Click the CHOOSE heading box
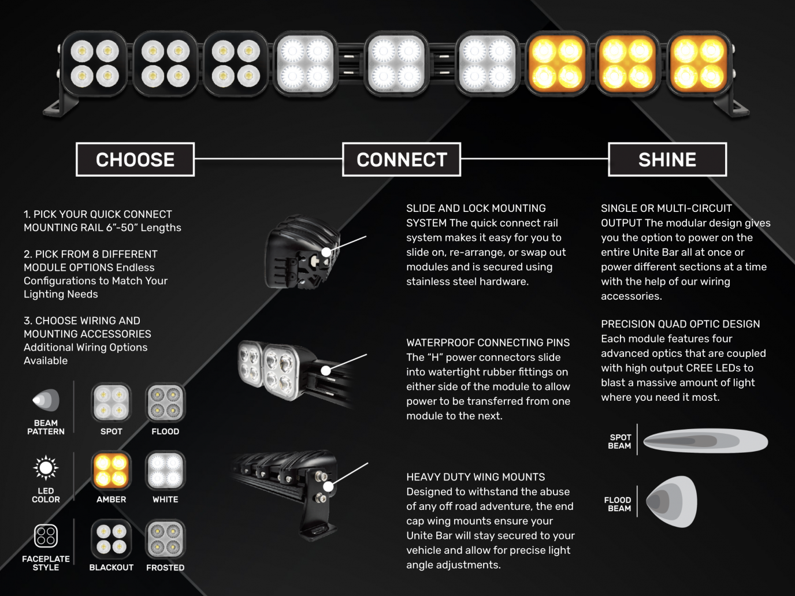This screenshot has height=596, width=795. coord(135,159)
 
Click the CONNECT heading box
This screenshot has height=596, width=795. coord(402,159)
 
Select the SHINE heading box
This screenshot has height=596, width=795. coord(667,159)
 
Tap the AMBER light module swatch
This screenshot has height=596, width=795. coord(112,470)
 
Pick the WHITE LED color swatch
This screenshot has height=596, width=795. coord(165,470)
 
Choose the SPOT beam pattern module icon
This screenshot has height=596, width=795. coord(112,403)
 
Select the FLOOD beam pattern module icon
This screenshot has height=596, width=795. coord(165,403)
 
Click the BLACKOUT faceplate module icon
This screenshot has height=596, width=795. coord(112,539)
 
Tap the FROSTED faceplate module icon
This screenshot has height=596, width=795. coord(165,539)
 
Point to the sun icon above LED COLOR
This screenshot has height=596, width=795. coord(46,468)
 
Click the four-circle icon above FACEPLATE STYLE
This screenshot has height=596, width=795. coord(46,536)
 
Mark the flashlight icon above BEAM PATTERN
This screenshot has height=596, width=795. coord(46,400)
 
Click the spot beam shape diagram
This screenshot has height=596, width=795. coord(705,442)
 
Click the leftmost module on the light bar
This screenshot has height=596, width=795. coord(95,64)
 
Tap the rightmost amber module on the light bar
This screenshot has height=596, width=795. coord(699,64)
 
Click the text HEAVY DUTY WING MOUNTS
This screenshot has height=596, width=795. coord(475,477)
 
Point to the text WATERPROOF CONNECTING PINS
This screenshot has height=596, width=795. coord(488,342)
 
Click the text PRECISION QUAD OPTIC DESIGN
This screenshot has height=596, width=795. coord(680,324)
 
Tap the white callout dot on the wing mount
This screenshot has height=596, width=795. coord(328,487)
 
